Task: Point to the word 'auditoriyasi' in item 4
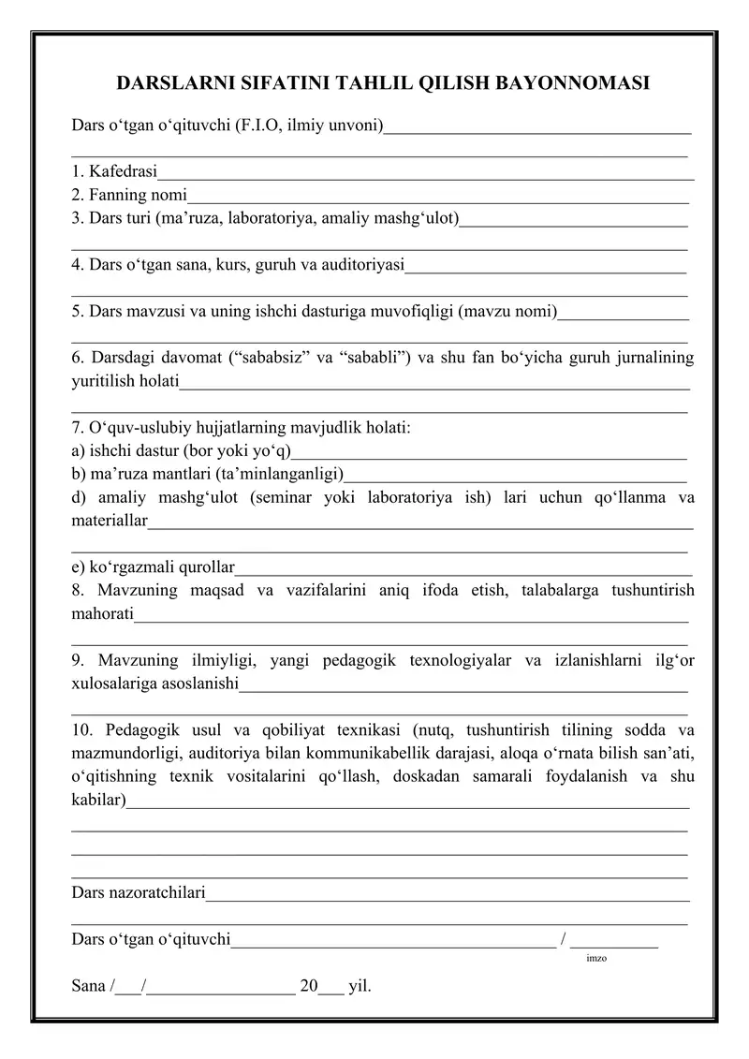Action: tap(360, 265)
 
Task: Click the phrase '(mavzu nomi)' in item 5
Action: tap(508, 311)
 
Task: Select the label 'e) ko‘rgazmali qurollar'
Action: tap(154, 566)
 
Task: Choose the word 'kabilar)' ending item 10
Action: tap(98, 800)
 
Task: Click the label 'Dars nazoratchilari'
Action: tap(139, 893)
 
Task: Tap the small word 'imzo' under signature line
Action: tap(595, 959)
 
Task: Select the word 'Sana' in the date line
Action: tap(88, 986)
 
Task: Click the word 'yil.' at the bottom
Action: tap(360, 986)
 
